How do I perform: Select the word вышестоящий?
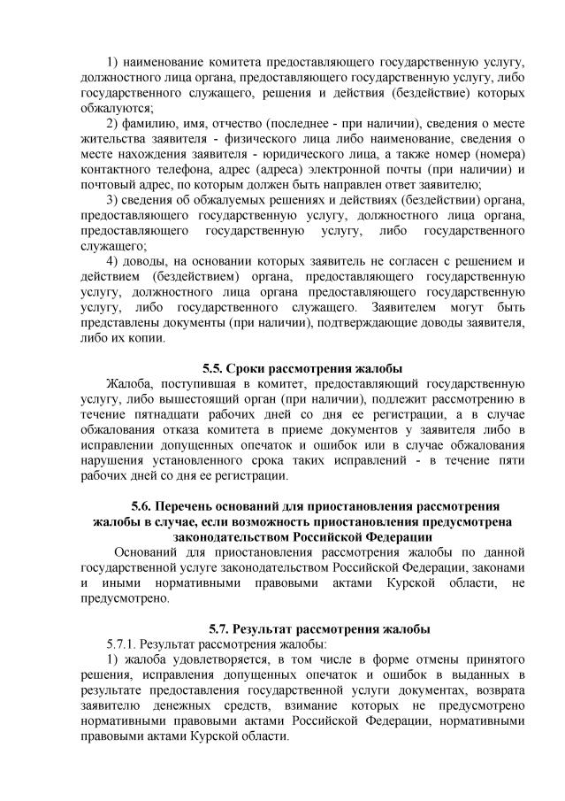[x=197, y=398]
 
